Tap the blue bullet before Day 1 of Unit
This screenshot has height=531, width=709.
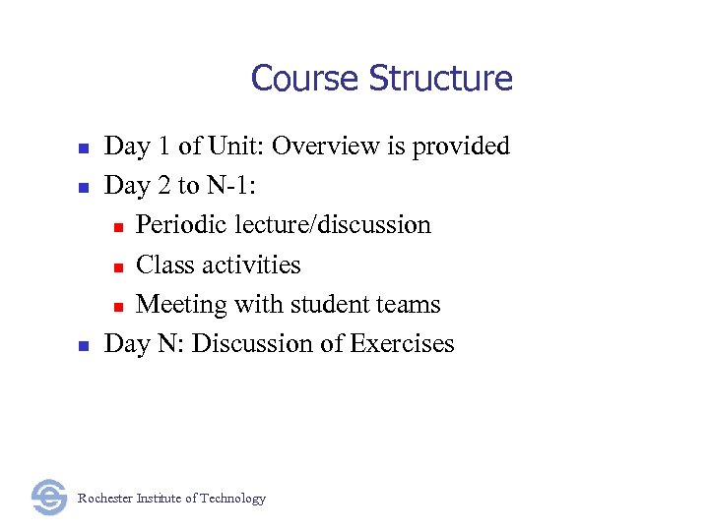[84, 148]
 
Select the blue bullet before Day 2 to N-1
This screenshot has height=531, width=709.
[84, 188]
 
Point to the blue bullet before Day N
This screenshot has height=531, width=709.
[84, 345]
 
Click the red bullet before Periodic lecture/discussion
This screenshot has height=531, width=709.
[117, 227]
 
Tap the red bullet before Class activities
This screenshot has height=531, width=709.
[117, 266]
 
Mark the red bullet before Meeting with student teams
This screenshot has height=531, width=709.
[117, 306]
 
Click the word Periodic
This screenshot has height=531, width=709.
[180, 225]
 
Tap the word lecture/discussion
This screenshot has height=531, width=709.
[333, 225]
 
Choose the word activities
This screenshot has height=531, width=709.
[252, 265]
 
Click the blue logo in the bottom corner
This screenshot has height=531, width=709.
[48, 497]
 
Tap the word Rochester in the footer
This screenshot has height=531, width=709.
[107, 499]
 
